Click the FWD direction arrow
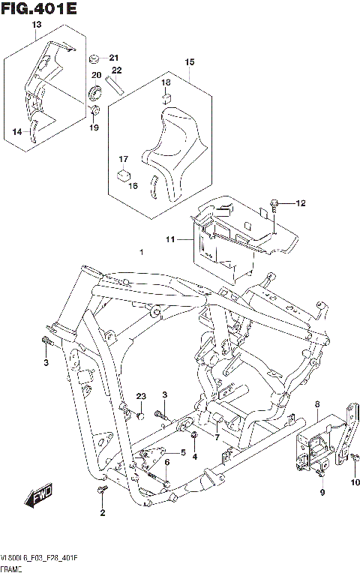(x=36, y=496)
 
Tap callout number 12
(x=301, y=203)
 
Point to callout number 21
(x=114, y=58)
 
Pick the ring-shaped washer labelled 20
(x=96, y=92)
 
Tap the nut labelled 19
(x=95, y=112)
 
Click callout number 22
(x=116, y=70)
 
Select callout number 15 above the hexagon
(x=189, y=61)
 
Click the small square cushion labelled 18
(x=167, y=97)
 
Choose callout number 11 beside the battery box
(x=170, y=239)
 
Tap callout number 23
(x=140, y=396)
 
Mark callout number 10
(x=356, y=481)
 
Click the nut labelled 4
(x=193, y=436)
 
